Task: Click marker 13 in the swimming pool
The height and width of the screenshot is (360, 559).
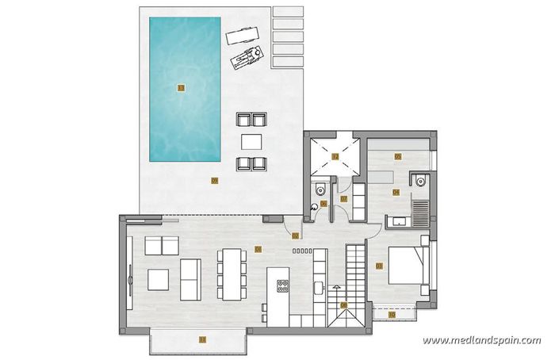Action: pyautogui.click(x=181, y=88)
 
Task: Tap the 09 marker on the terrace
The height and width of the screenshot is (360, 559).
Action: pyautogui.click(x=215, y=180)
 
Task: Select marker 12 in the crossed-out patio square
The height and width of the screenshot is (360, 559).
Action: pyautogui.click(x=335, y=156)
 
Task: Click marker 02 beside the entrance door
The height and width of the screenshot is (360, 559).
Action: pyautogui.click(x=296, y=236)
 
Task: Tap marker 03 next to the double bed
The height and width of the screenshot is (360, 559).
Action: pyautogui.click(x=379, y=265)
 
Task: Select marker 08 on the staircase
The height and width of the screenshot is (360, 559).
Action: pyautogui.click(x=344, y=304)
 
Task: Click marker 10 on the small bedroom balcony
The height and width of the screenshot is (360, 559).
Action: pyautogui.click(x=392, y=314)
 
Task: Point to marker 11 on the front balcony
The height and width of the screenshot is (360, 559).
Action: pyautogui.click(x=201, y=339)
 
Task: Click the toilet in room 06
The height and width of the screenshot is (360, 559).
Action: pyautogui.click(x=318, y=190)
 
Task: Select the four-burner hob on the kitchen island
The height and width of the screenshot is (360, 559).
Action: pyautogui.click(x=281, y=284)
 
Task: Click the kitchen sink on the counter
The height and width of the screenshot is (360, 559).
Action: pyautogui.click(x=317, y=285)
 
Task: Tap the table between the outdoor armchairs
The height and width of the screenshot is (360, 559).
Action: pyautogui.click(x=251, y=141)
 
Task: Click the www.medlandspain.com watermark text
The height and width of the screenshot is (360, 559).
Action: pyautogui.click(x=481, y=340)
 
